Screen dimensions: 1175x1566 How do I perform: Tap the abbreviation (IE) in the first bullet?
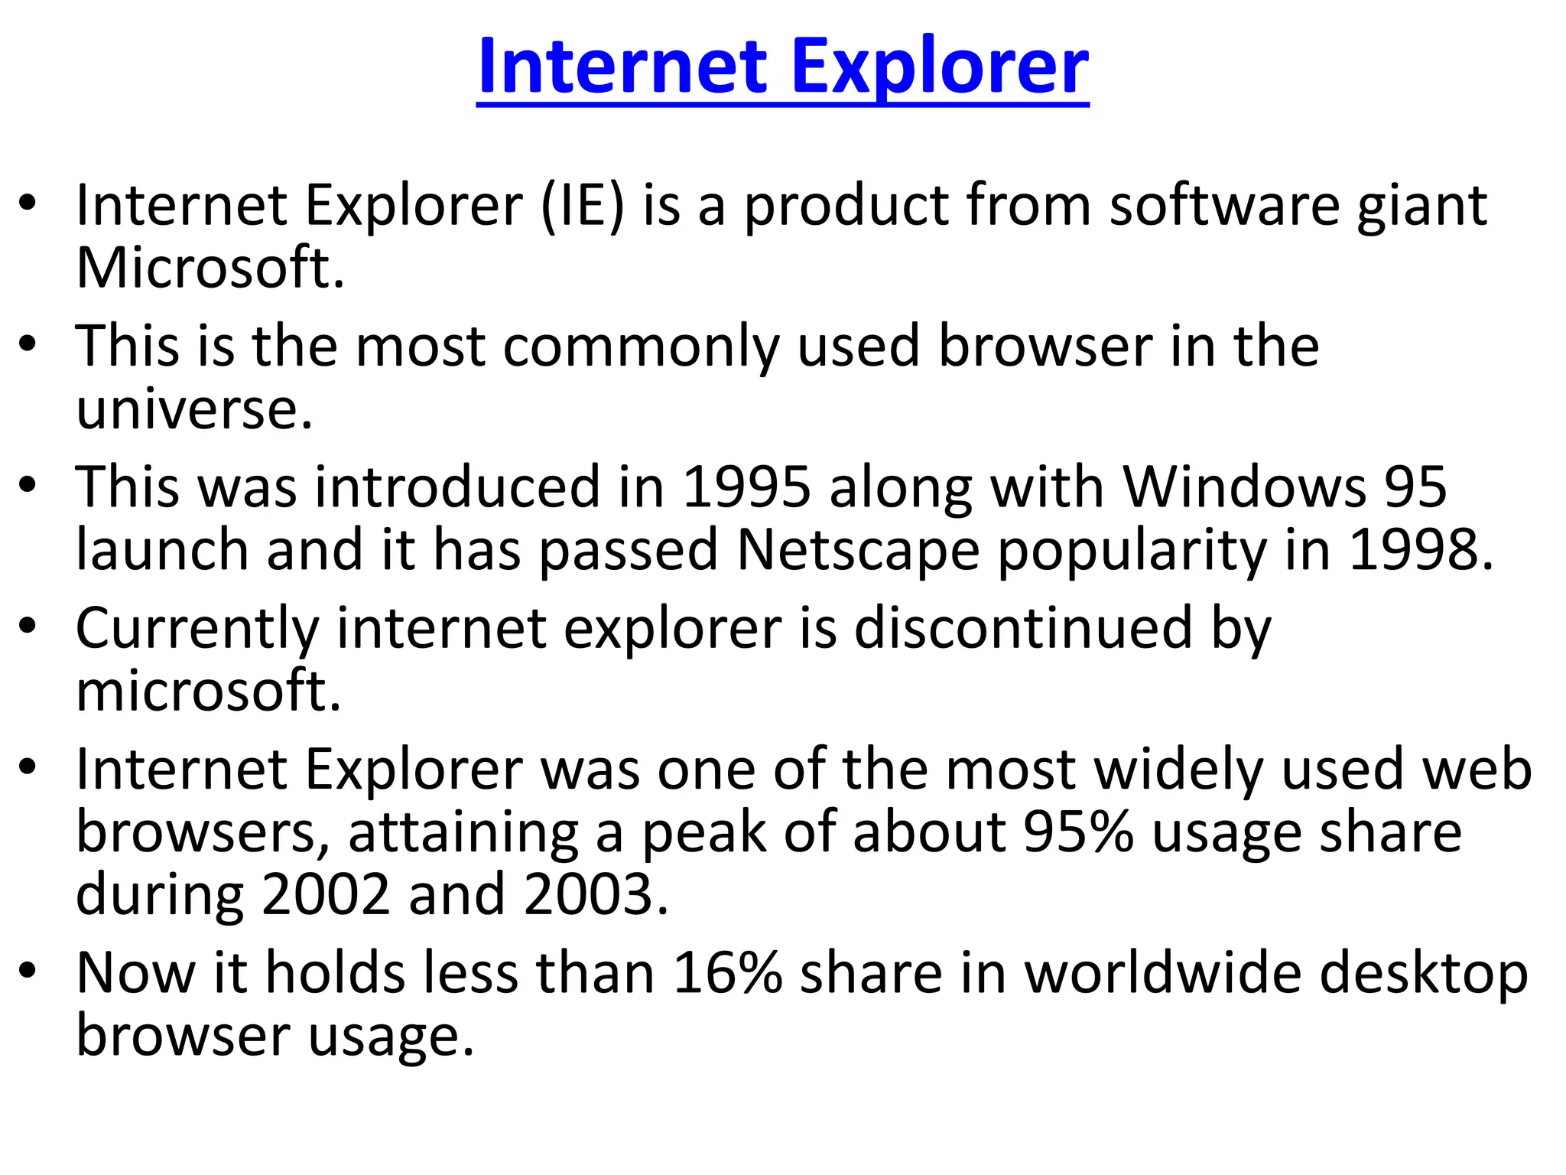click(583, 206)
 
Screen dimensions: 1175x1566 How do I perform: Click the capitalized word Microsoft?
click(210, 269)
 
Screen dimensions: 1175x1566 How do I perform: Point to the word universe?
click(194, 409)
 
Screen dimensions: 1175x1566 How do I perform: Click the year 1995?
click(746, 487)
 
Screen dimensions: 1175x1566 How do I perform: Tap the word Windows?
click(1243, 487)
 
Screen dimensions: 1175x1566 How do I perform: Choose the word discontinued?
click(1023, 628)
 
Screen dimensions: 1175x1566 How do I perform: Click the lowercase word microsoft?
click(208, 691)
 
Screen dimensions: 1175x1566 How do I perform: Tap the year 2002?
click(327, 895)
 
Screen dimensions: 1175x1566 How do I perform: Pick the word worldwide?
click(1162, 973)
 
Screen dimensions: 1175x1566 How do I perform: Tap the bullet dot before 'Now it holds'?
click(28, 971)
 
